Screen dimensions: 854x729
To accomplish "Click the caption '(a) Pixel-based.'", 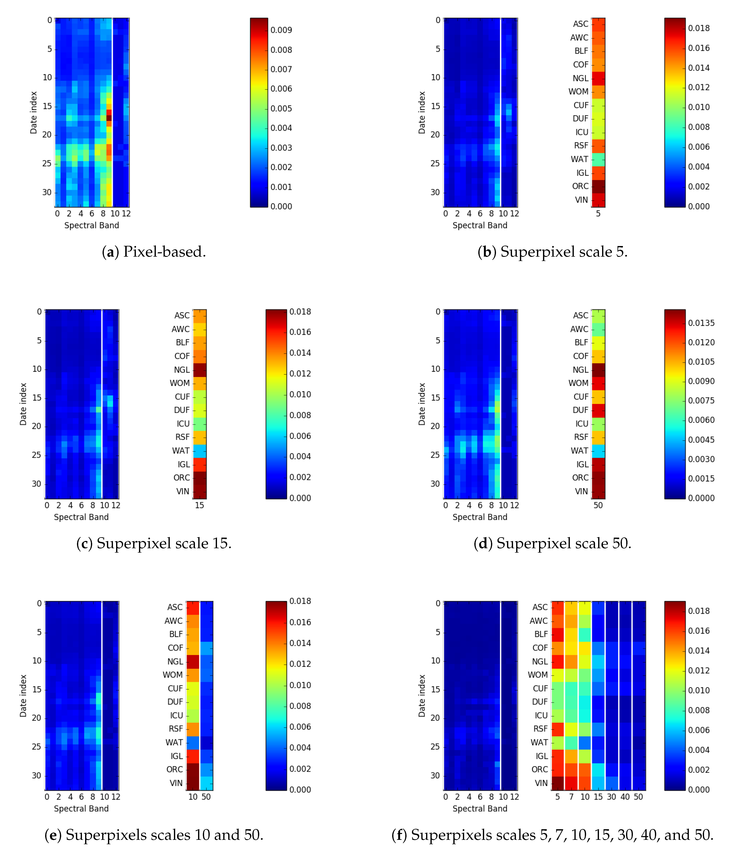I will click(x=154, y=251).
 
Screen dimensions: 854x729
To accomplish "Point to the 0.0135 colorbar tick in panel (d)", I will click(x=701, y=323).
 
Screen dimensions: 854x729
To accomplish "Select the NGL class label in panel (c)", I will click(x=182, y=370).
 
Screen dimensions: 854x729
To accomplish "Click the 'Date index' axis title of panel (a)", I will click(x=33, y=113).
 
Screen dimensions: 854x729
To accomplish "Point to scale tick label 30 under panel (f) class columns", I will click(x=611, y=797).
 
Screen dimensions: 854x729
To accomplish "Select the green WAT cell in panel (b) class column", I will click(x=598, y=159).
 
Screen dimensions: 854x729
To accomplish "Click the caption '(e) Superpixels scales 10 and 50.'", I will click(x=154, y=835).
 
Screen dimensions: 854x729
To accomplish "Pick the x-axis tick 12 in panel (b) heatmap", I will click(x=515, y=214).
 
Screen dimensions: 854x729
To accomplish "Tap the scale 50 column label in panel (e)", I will click(x=206, y=797).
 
